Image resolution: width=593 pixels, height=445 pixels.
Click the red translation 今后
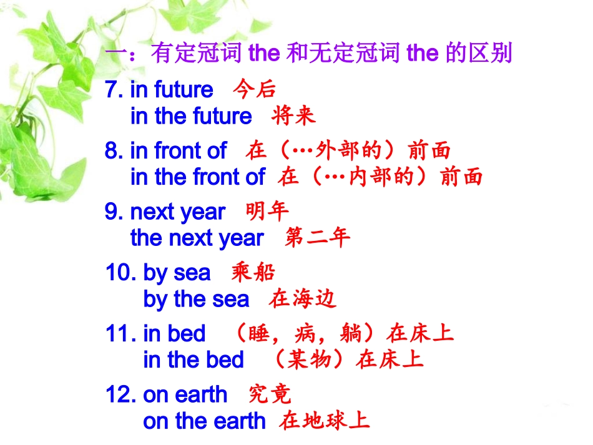click(x=255, y=90)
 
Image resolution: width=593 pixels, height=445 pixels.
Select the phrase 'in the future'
click(x=191, y=117)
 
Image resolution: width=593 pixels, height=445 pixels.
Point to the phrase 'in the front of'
click(x=198, y=178)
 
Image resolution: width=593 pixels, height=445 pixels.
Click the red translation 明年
click(x=268, y=212)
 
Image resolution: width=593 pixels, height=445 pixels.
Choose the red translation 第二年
click(x=318, y=238)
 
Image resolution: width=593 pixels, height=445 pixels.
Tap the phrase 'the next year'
click(x=197, y=238)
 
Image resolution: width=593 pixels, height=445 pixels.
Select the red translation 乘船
click(x=253, y=273)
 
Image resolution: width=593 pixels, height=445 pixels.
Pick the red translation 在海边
click(x=303, y=300)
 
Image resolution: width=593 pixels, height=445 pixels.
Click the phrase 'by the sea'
click(x=196, y=300)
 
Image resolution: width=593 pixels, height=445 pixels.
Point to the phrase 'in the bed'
click(x=194, y=360)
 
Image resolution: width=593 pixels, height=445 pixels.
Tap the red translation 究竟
click(x=270, y=394)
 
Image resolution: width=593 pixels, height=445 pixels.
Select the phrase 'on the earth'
click(x=204, y=421)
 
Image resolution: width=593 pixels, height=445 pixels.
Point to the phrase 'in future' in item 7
click(x=172, y=90)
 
